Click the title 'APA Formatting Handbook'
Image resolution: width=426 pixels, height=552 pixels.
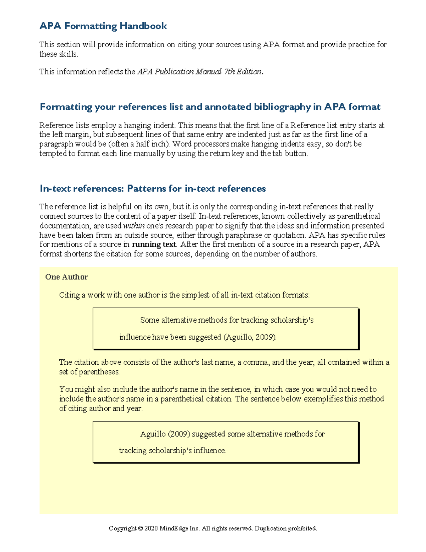click(x=103, y=26)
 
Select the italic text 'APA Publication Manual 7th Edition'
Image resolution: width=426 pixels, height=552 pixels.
click(x=199, y=72)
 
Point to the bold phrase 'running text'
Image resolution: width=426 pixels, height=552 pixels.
click(x=154, y=245)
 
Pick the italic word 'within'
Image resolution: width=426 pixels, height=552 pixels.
click(x=133, y=226)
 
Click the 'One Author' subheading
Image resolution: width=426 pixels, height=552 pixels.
click(x=66, y=277)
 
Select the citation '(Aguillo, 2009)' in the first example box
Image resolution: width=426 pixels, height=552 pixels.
click(x=250, y=337)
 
